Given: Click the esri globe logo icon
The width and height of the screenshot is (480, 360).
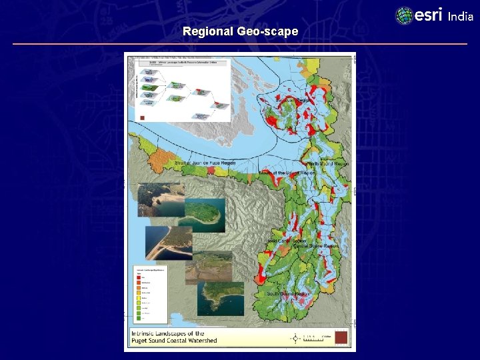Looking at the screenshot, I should pyautogui.click(x=404, y=15).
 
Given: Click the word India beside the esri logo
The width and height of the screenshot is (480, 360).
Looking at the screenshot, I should pyautogui.click(x=461, y=17).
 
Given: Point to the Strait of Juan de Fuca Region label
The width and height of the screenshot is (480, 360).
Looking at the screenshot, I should pyautogui.click(x=205, y=163).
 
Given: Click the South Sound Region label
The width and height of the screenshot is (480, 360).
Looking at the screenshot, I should pyautogui.click(x=287, y=293).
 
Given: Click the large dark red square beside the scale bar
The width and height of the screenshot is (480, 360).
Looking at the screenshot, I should pyautogui.click(x=341, y=338).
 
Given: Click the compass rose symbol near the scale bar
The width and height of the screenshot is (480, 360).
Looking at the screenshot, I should pyautogui.click(x=296, y=339).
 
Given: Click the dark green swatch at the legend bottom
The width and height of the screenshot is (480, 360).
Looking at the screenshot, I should pyautogui.click(x=137, y=318).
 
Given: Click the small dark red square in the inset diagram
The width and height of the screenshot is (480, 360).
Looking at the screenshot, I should pyautogui.click(x=142, y=117).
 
